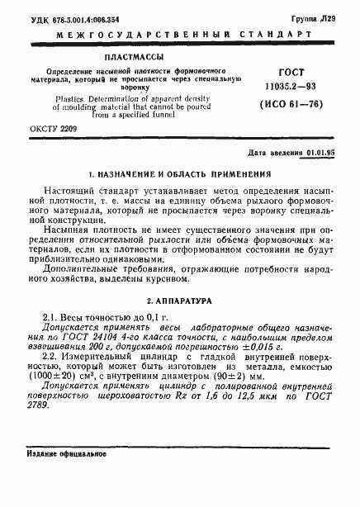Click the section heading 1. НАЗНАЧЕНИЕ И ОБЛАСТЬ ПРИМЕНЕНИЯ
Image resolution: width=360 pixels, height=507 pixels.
pyautogui.click(x=180, y=175)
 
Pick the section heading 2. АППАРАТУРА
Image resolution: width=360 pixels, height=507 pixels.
pyautogui.click(x=179, y=302)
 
